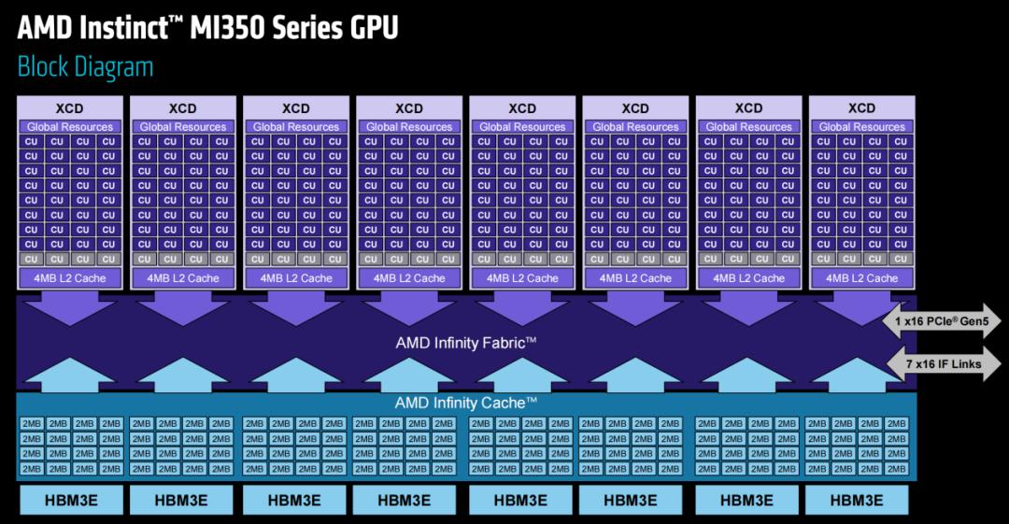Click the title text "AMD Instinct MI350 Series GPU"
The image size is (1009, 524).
(x=207, y=27)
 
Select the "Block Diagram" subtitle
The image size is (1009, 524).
(x=85, y=67)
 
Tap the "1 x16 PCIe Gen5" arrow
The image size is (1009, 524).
(x=941, y=322)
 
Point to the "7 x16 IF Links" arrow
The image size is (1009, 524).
(x=942, y=363)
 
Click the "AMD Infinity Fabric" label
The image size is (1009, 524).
(x=465, y=343)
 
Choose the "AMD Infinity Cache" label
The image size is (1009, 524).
(x=465, y=403)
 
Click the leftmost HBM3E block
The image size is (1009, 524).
(x=70, y=500)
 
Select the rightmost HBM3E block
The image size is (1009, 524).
(x=857, y=500)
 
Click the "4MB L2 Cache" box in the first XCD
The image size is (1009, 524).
(x=70, y=277)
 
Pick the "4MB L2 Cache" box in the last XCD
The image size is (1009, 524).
(x=861, y=277)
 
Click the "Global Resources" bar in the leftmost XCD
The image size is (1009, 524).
(x=70, y=126)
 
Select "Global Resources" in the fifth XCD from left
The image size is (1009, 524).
(x=522, y=126)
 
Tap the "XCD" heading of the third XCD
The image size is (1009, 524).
(x=296, y=108)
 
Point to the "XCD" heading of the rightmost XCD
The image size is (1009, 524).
(x=861, y=108)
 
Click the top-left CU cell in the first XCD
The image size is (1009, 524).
(x=31, y=142)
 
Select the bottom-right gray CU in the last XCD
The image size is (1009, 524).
(x=900, y=259)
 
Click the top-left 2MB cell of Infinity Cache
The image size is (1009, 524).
(x=31, y=424)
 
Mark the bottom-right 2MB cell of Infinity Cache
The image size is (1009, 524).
(x=897, y=469)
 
